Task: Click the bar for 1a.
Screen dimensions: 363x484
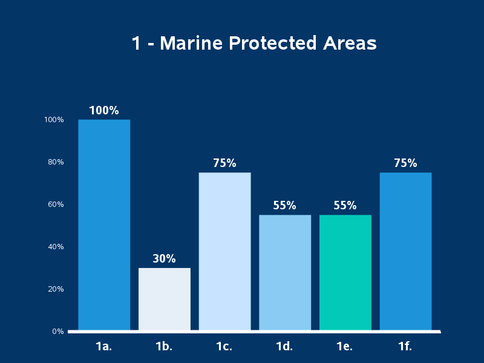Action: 104,225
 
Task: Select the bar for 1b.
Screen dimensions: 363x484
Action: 164,299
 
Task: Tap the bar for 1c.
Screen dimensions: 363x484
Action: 224,251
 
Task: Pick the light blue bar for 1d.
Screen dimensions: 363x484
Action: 285,272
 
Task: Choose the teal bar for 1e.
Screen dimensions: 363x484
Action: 345,272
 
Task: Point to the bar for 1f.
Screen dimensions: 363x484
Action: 405,251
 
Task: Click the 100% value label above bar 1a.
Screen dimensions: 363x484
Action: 104,111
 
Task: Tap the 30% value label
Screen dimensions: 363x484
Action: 164,259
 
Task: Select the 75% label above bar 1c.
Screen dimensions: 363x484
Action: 224,163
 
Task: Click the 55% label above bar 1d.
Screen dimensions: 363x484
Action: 284,206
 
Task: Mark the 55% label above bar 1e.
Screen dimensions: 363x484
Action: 345,206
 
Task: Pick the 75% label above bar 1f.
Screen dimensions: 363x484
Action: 405,163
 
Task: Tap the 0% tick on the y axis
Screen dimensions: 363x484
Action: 58,332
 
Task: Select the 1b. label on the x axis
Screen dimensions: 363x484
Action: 164,347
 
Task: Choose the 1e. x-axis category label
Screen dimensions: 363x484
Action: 345,347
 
